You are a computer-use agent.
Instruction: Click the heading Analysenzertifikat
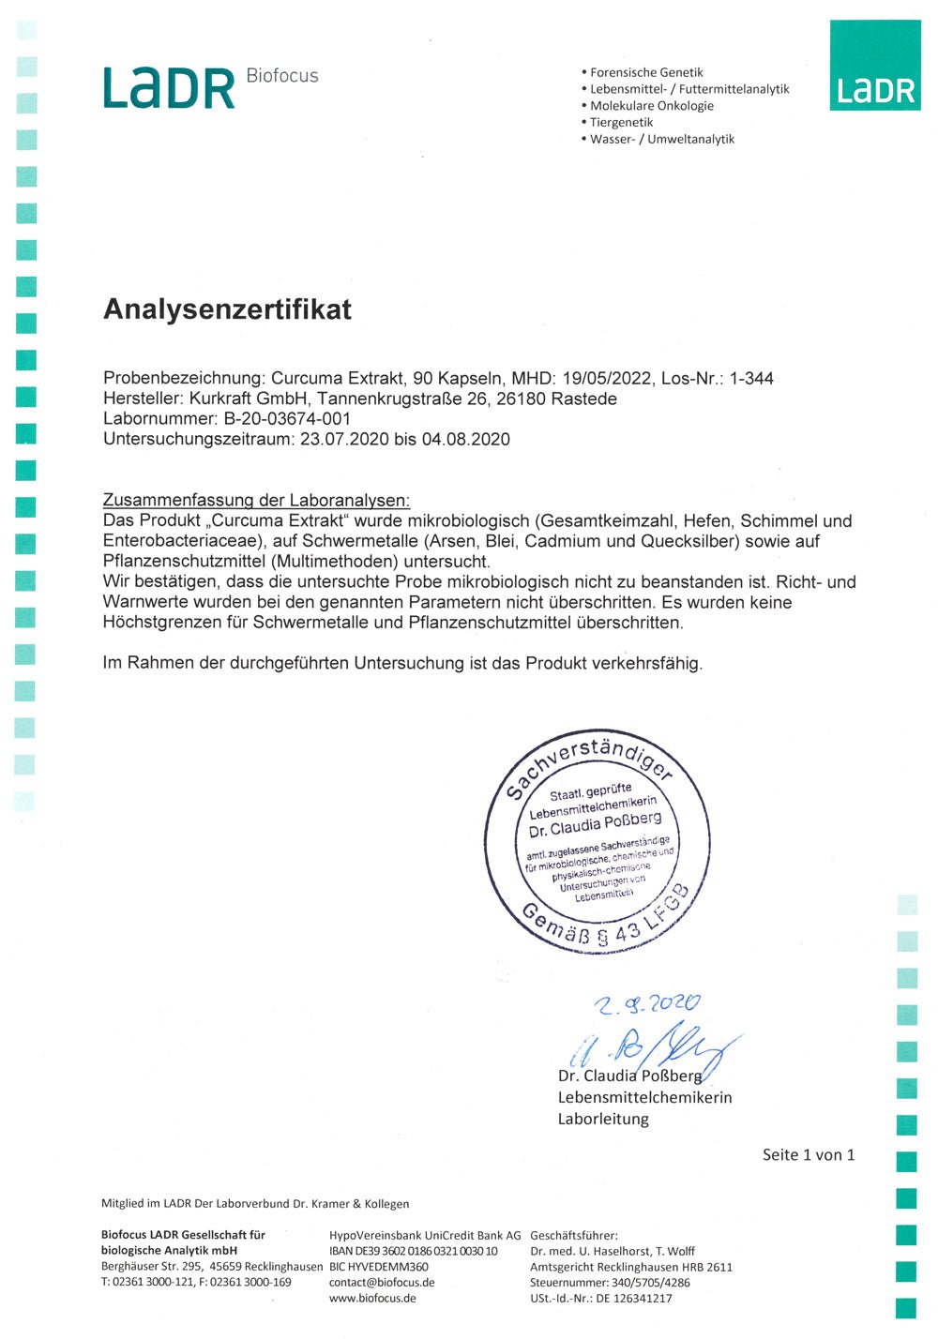coord(227,309)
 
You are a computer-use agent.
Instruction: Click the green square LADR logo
coord(875,66)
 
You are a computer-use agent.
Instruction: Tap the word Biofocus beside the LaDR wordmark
coord(282,76)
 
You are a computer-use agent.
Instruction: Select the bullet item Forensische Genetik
coord(646,72)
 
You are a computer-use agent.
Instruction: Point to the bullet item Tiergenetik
coord(621,122)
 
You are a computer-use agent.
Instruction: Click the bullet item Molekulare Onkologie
coord(652,106)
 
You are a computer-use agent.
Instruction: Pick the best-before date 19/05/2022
coord(607,379)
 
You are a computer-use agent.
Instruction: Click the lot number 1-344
coord(751,379)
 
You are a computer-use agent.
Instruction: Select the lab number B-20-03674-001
coord(287,419)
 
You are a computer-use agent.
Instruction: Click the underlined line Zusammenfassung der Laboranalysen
coord(256,501)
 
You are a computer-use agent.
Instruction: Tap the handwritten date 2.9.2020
coord(646,1004)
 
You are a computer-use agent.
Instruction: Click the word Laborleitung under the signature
coord(603,1119)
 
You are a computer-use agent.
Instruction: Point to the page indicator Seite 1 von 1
coord(809,1155)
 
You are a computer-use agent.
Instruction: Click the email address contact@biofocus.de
coord(382,1282)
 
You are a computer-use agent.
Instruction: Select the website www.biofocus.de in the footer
coord(372,1299)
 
